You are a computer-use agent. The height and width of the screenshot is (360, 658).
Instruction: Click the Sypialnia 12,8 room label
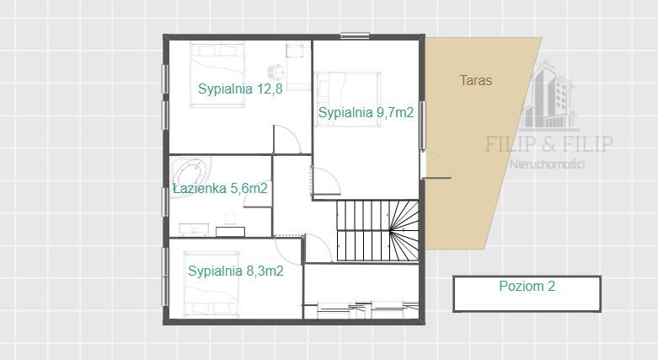[x=240, y=89]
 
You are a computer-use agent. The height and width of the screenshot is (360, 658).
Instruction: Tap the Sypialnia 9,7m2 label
[x=366, y=113]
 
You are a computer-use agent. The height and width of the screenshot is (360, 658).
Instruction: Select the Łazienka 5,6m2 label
[x=220, y=188]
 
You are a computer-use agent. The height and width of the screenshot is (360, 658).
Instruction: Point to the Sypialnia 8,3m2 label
[x=235, y=271]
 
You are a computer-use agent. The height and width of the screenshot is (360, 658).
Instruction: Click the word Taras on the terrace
[x=475, y=80]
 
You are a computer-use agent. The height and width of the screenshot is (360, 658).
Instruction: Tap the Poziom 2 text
[x=527, y=286]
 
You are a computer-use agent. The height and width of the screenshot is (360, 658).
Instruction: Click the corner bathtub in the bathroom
[x=191, y=171]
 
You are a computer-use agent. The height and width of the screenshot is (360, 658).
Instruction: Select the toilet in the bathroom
[x=230, y=218]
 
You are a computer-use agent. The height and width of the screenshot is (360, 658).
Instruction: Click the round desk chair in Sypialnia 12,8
[x=276, y=72]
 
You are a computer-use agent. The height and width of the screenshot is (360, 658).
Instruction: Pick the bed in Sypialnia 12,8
[x=217, y=74]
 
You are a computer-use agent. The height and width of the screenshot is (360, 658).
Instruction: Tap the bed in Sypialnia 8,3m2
[x=211, y=284]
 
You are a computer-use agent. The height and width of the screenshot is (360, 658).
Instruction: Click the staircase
[x=377, y=231]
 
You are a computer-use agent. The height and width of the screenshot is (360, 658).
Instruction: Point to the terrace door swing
[x=438, y=164]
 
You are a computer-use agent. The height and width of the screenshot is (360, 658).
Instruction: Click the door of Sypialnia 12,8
[x=287, y=139]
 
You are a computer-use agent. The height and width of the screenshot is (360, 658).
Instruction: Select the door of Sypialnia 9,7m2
[x=327, y=181]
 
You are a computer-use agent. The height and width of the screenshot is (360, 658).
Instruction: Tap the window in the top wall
[x=355, y=35]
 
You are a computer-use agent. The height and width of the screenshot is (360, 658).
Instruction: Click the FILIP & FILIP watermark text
[x=548, y=143]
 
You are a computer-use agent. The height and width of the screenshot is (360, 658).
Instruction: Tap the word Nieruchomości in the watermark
[x=548, y=164]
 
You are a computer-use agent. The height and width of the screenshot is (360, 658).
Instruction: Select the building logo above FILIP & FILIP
[x=548, y=94]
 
